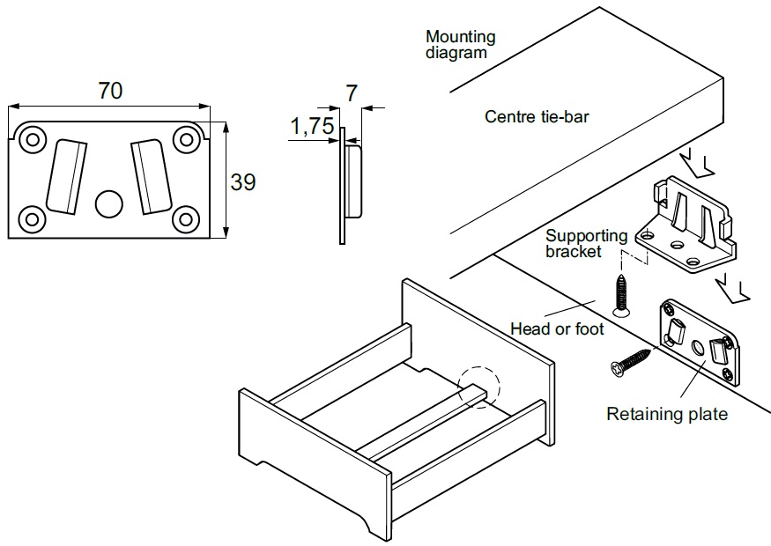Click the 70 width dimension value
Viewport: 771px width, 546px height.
tap(110, 91)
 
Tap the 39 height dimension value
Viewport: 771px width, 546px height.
tap(242, 182)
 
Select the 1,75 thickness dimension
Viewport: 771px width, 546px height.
tap(311, 128)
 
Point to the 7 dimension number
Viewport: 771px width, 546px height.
tap(352, 92)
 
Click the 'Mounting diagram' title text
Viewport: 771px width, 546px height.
tap(460, 44)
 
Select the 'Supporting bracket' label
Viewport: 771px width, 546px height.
tap(586, 243)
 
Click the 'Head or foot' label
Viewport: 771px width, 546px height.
tap(557, 328)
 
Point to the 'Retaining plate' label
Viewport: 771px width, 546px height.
tap(667, 414)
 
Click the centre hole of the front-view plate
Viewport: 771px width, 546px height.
tap(108, 203)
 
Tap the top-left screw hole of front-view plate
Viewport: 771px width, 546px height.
tap(33, 139)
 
